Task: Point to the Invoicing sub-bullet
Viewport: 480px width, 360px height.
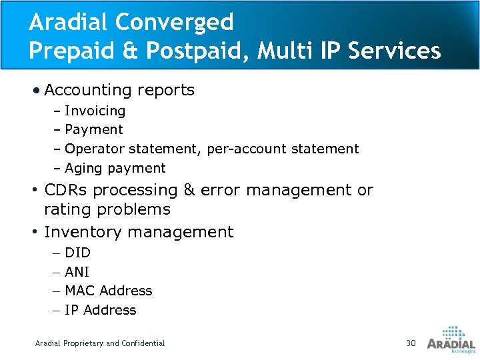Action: click(x=95, y=111)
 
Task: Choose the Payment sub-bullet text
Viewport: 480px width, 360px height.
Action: click(x=94, y=129)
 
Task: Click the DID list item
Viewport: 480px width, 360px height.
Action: click(x=78, y=253)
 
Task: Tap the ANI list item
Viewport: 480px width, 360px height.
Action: click(x=77, y=272)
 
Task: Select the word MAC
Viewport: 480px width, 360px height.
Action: click(x=79, y=291)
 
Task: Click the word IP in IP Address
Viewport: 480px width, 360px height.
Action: click(x=72, y=310)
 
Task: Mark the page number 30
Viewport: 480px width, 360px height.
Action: click(x=411, y=343)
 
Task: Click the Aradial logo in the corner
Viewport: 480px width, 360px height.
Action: click(x=451, y=339)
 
